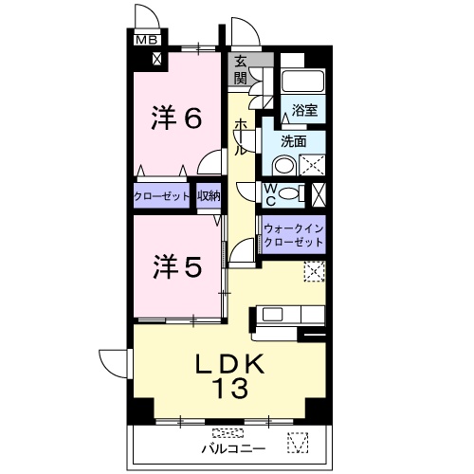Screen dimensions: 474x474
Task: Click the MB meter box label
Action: (147, 40)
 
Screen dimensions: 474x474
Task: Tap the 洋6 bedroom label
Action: (176, 118)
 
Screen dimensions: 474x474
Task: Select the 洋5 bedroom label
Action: (177, 267)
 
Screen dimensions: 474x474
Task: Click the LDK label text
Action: (230, 364)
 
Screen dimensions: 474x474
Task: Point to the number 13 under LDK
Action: (230, 388)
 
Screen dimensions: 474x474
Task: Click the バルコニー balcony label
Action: (233, 448)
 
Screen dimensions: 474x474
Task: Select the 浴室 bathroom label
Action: (304, 110)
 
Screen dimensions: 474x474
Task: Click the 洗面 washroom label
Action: (294, 141)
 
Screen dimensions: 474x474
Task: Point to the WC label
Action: (271, 195)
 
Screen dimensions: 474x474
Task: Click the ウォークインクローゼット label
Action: (294, 235)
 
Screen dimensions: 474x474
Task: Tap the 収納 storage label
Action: (209, 196)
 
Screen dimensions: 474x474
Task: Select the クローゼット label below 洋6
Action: (161, 196)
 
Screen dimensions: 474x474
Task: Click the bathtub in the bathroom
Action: (302, 81)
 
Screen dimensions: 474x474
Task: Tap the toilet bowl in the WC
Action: (289, 193)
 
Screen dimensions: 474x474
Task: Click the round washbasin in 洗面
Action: (283, 166)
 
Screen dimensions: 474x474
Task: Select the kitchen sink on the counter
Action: (272, 315)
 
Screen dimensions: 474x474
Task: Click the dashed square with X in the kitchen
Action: (315, 271)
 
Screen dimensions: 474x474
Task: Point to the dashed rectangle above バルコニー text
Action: (228, 432)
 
